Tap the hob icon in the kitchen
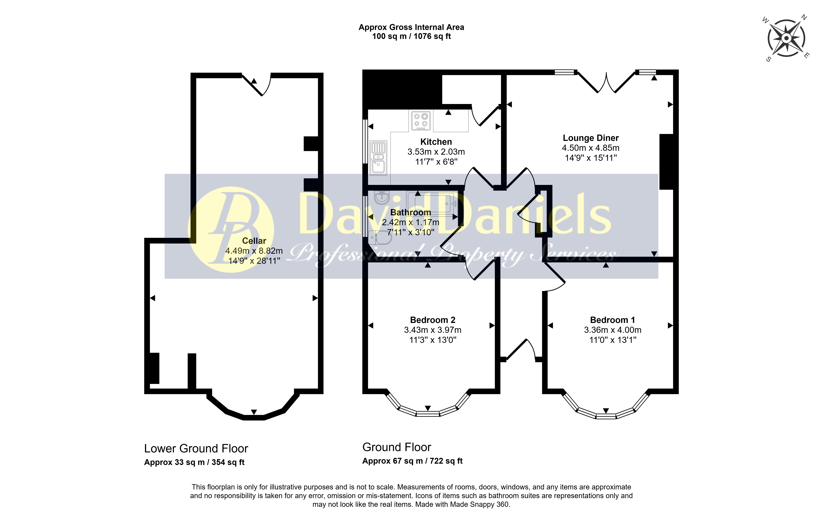(421, 121)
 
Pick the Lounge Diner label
(591, 138)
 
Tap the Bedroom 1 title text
(613, 320)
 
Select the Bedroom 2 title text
(433, 320)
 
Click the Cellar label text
(254, 241)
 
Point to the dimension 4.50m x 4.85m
(591, 148)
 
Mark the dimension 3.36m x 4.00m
(613, 330)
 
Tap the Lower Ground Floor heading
(196, 448)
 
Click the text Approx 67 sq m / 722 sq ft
(412, 461)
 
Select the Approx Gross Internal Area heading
(411, 27)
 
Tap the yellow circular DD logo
(231, 230)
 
